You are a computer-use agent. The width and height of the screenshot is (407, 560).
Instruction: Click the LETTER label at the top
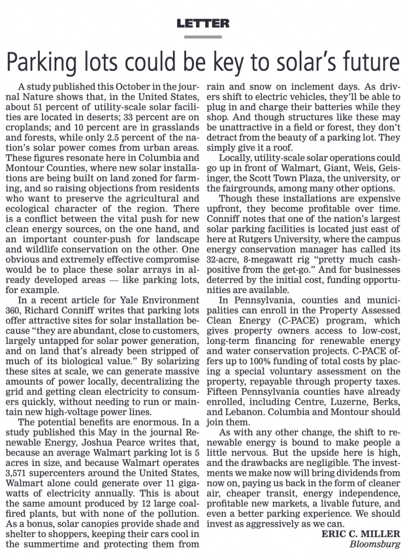tap(203, 24)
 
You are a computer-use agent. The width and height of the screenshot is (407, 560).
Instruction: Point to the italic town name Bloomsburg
tap(377, 545)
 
